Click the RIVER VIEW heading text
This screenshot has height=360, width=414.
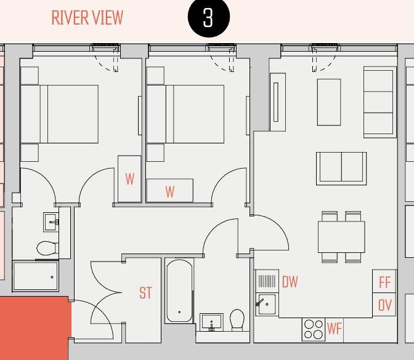click(87, 17)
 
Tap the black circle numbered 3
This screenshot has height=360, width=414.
click(208, 18)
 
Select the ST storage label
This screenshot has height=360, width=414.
click(145, 293)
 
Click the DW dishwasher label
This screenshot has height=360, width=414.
click(290, 282)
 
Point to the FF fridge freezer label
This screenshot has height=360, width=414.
click(385, 282)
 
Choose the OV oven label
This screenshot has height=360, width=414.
click(385, 305)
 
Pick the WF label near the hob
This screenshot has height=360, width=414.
click(335, 329)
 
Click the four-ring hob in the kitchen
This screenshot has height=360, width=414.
click(313, 329)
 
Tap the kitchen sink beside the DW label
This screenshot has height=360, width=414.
click(267, 303)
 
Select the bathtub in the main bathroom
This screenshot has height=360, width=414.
click(179, 290)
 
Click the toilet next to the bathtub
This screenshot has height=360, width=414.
click(237, 319)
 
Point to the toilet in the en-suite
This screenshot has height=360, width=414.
click(46, 249)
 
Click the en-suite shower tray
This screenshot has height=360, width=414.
click(36, 276)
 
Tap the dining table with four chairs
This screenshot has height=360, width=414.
click(341, 236)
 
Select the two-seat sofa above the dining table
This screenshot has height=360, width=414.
click(341, 167)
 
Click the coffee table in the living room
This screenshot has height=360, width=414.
click(328, 102)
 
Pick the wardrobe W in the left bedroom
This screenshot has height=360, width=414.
click(129, 179)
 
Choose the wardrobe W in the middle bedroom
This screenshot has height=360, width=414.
click(169, 190)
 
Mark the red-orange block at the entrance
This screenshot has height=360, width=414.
click(34, 326)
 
